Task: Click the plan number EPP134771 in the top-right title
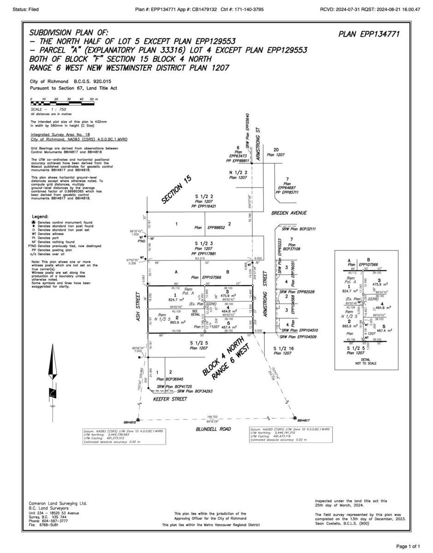point(369,34)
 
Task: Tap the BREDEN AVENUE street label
point(289,213)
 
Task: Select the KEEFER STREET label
point(170,399)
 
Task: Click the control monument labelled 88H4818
point(137,420)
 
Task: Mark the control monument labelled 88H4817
point(295,418)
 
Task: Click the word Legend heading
point(41,217)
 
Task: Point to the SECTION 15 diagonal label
point(176,190)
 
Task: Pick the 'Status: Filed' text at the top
point(25,9)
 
